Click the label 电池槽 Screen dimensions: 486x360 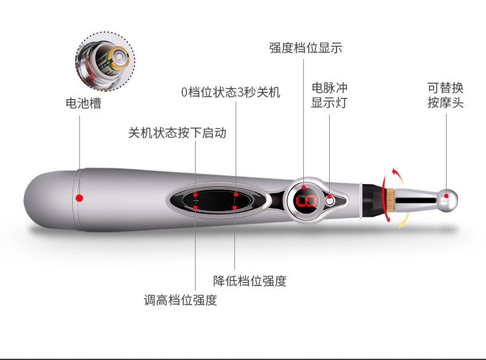pyautogui.click(x=84, y=103)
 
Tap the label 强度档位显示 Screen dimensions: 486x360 pyautogui.click(x=306, y=48)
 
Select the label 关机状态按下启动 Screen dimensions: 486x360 pyautogui.click(x=177, y=133)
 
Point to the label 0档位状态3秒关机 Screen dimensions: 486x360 pyautogui.click(x=231, y=92)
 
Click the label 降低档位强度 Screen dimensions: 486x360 pyautogui.click(x=250, y=281)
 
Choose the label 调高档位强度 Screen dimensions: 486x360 pyautogui.click(x=180, y=300)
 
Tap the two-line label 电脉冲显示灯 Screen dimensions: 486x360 pyautogui.click(x=329, y=95)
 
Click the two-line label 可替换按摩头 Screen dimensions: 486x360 pyautogui.click(x=445, y=95)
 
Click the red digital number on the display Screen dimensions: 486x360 pyautogui.click(x=306, y=202)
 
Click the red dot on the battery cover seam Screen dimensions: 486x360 pyautogui.click(x=79, y=198)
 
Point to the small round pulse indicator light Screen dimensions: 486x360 pyautogui.click(x=330, y=201)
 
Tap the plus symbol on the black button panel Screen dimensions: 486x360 pyautogui.click(x=196, y=201)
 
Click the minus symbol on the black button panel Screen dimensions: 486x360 pyautogui.click(x=235, y=201)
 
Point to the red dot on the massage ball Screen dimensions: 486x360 pyautogui.click(x=447, y=196)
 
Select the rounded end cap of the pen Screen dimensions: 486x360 pyautogui.click(x=50, y=200)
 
